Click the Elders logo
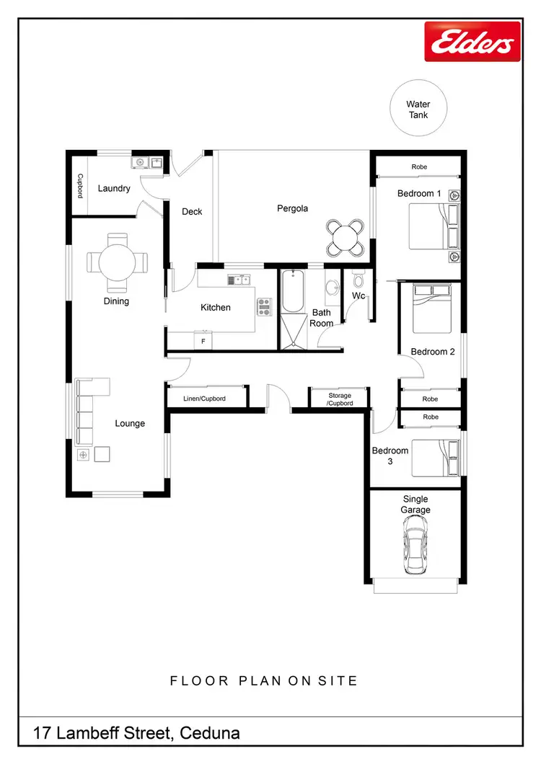click(x=472, y=41)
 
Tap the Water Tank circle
click(x=418, y=110)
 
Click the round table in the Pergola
click(x=346, y=238)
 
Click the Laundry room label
click(x=114, y=189)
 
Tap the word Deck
click(x=192, y=212)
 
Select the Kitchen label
click(x=215, y=308)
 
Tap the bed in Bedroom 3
click(x=436, y=458)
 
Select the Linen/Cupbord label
click(x=206, y=399)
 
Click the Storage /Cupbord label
click(x=339, y=399)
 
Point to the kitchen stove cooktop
click(x=264, y=307)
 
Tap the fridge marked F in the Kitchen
click(x=203, y=341)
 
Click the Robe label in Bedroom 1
click(x=419, y=167)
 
